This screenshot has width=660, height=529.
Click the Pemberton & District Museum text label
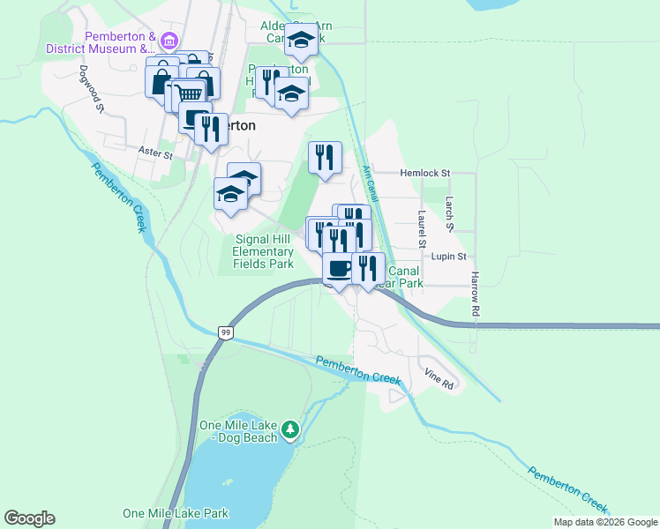pos(120,42)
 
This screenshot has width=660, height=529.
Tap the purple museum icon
pos(170,40)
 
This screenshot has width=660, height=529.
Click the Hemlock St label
pos(424,174)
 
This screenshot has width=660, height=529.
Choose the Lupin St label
pos(448,256)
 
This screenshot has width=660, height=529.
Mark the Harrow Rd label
pos(475,294)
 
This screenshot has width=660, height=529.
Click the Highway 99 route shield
pos(226,332)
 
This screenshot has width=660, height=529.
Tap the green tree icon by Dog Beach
pos(291,431)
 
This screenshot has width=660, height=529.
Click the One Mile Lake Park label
pos(176,513)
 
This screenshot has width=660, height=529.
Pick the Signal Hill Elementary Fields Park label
pos(262,251)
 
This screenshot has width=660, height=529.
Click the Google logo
pos(29,518)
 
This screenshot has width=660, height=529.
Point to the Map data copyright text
pos(605,522)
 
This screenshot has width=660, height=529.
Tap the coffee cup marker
pos(337,269)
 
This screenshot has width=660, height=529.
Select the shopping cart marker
pos(188,93)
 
